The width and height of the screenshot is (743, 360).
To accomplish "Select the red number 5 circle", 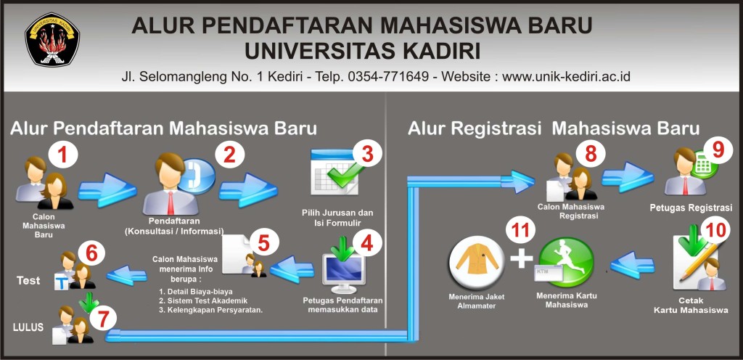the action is (x=263, y=242).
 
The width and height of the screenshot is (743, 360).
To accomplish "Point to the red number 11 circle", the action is (x=522, y=232).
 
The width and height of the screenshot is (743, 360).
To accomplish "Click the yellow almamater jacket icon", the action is (x=476, y=263).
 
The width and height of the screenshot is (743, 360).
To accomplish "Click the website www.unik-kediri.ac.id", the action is (x=566, y=75).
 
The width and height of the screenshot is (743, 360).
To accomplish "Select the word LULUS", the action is (x=29, y=327).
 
